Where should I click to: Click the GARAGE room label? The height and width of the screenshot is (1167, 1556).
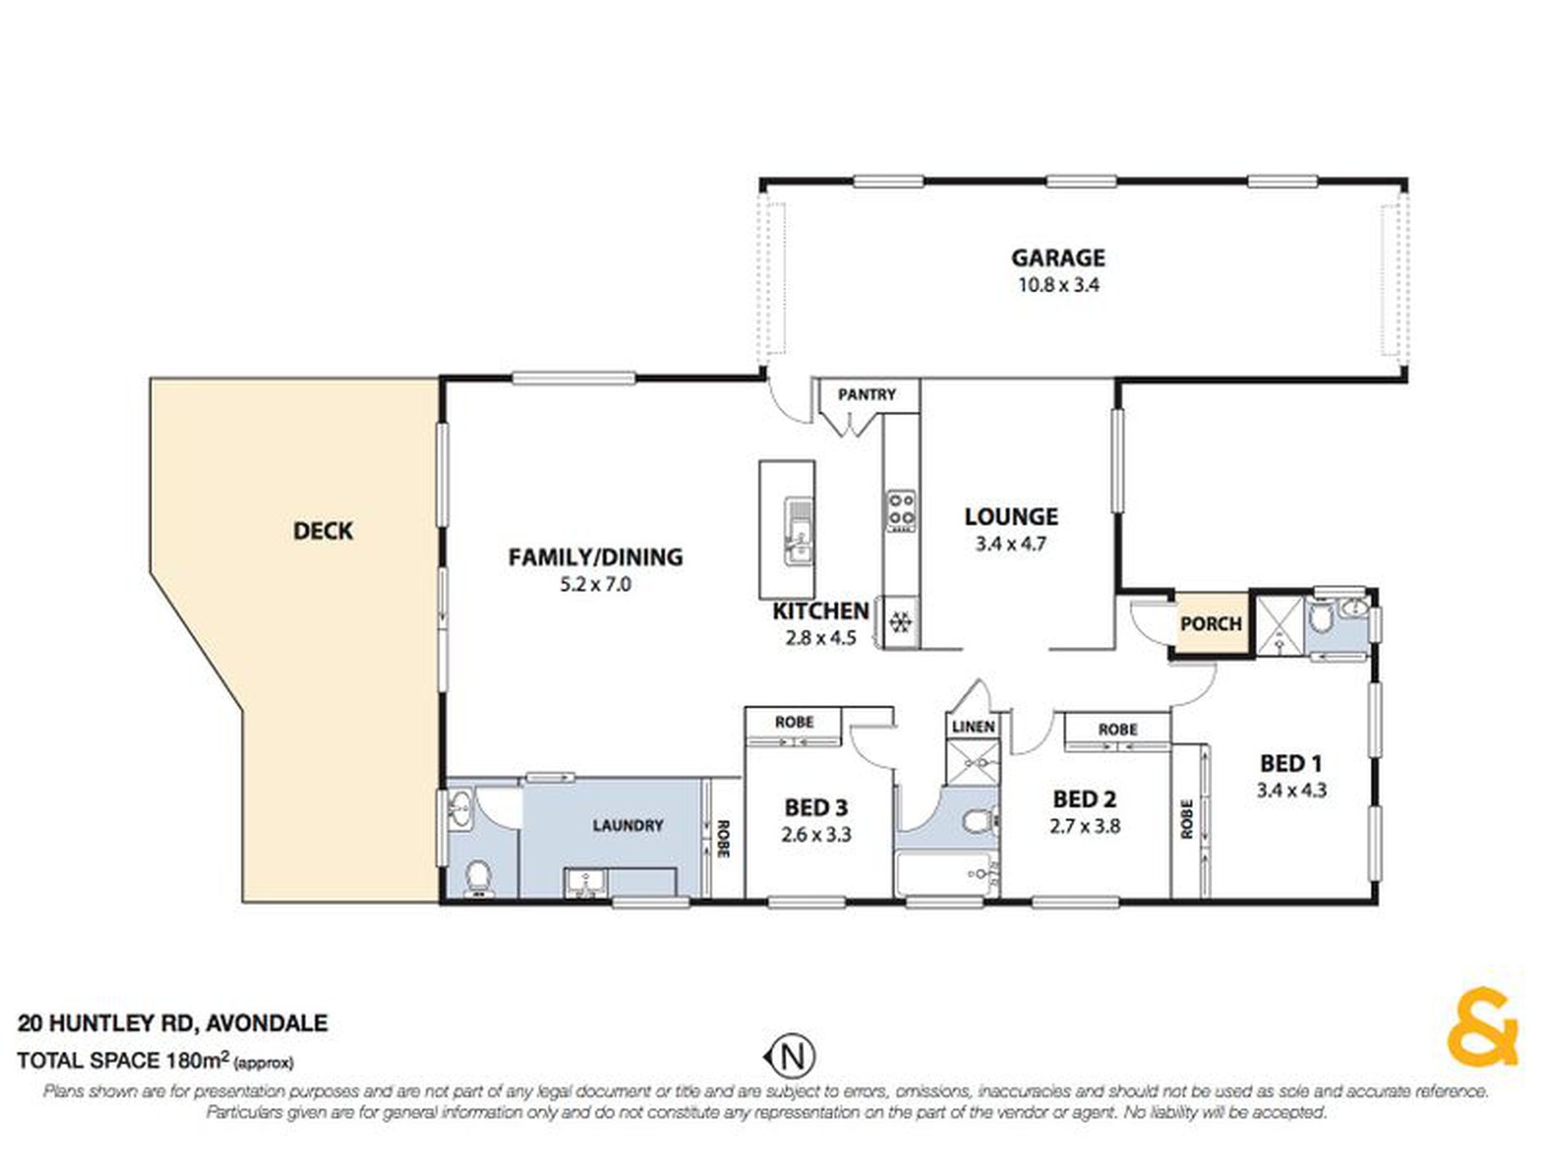click(1058, 258)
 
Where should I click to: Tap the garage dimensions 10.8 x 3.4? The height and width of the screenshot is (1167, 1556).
click(1058, 286)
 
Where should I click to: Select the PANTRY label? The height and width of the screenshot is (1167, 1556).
click(866, 395)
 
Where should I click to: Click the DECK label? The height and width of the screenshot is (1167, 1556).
click(323, 531)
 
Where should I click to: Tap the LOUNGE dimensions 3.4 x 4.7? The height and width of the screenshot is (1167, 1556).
click(1011, 544)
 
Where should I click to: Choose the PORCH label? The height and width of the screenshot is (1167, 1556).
click(1210, 624)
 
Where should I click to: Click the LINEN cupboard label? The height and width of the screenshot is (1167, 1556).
click(974, 726)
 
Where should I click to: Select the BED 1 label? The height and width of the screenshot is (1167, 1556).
click(1291, 763)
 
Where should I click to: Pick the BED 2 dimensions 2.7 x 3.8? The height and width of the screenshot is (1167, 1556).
click(1084, 826)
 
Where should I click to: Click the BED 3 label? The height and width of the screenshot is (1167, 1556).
click(816, 807)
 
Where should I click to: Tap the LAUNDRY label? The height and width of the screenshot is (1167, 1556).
click(627, 825)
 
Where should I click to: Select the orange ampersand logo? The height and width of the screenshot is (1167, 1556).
click(1481, 1028)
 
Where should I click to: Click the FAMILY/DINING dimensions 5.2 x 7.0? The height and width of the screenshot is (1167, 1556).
click(595, 585)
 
